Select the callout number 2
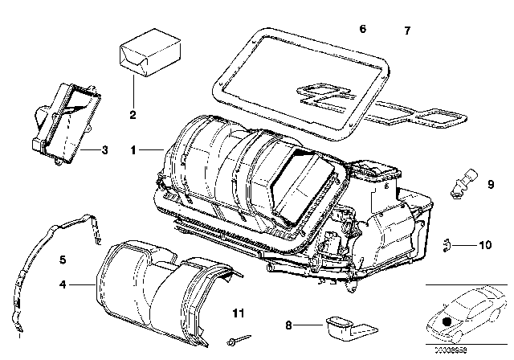point(133,114)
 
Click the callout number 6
point(362,29)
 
